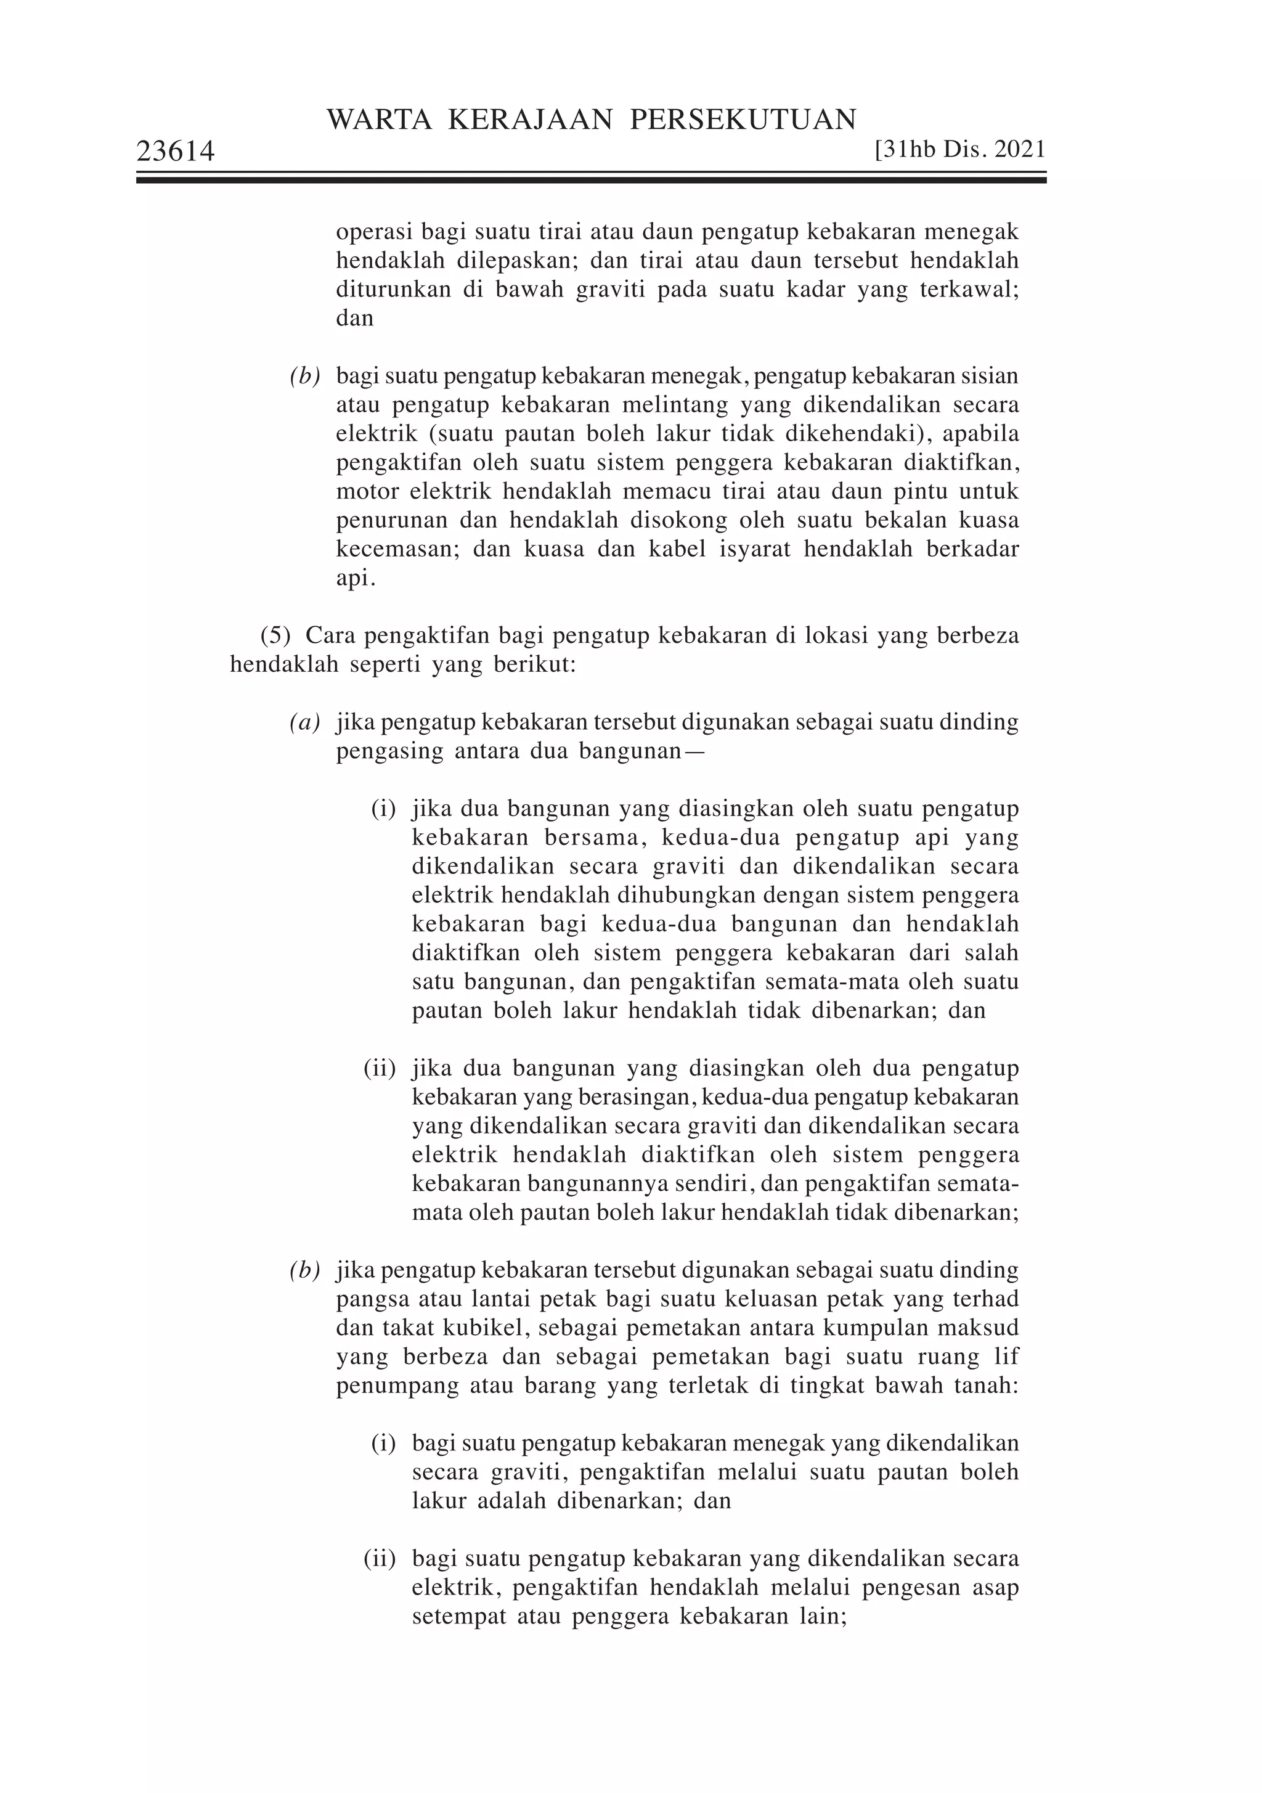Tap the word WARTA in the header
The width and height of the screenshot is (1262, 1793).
click(379, 120)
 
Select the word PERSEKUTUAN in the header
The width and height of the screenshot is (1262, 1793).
click(743, 120)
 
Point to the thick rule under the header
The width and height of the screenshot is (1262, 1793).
click(591, 181)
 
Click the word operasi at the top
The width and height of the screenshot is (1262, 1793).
click(374, 232)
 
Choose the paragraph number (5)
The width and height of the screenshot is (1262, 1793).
click(275, 635)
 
